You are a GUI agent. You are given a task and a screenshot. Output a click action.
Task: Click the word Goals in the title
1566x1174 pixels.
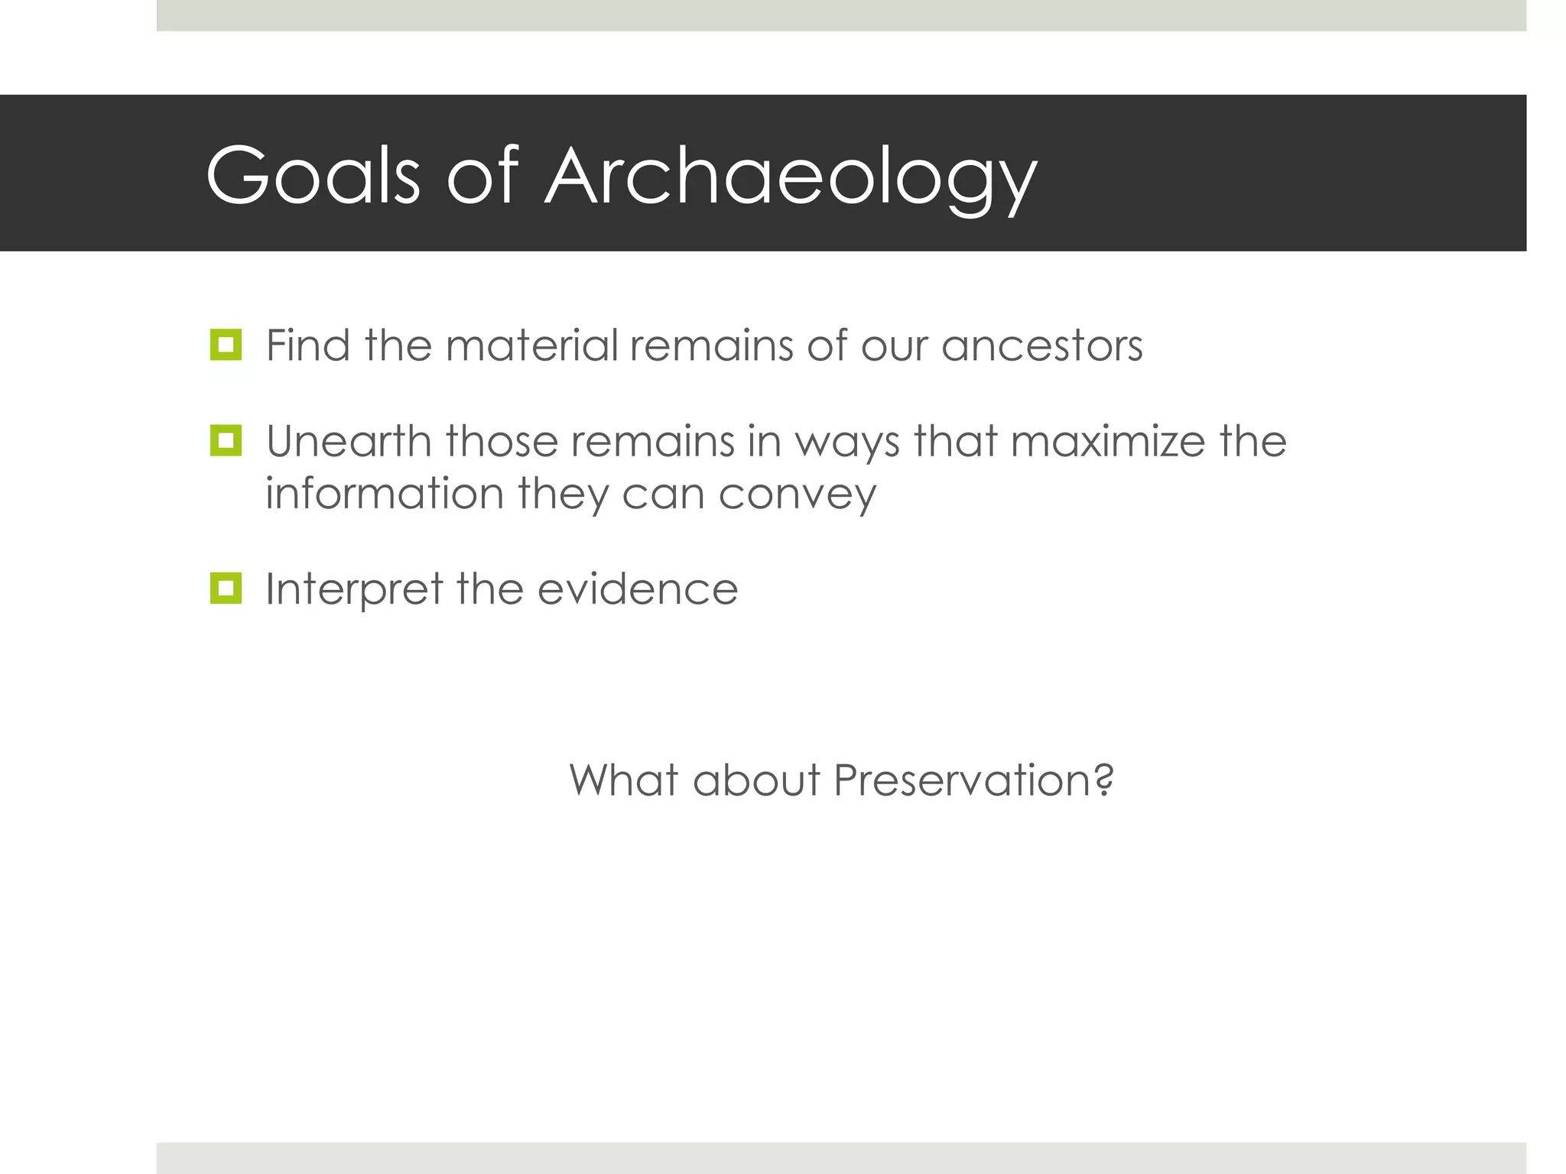point(313,176)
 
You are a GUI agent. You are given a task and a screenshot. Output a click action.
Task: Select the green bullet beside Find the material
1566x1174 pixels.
point(226,345)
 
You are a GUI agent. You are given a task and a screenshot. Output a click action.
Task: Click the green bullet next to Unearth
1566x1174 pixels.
point(226,441)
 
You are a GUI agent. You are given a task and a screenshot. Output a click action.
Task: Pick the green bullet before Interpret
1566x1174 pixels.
point(226,589)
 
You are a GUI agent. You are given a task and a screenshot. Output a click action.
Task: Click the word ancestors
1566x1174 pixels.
point(1041,345)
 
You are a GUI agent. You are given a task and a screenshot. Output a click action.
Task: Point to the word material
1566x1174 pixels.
point(531,345)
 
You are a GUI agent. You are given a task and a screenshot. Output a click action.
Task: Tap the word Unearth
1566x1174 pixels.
point(348,441)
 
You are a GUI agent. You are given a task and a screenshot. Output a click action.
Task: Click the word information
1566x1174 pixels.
point(384,493)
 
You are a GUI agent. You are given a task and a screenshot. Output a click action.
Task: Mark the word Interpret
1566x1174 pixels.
point(353,589)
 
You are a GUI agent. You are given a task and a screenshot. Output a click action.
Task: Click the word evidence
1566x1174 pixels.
point(638,589)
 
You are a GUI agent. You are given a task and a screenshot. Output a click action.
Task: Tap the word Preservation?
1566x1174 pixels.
point(973,780)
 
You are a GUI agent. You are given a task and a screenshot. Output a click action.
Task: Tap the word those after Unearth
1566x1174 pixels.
point(502,441)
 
